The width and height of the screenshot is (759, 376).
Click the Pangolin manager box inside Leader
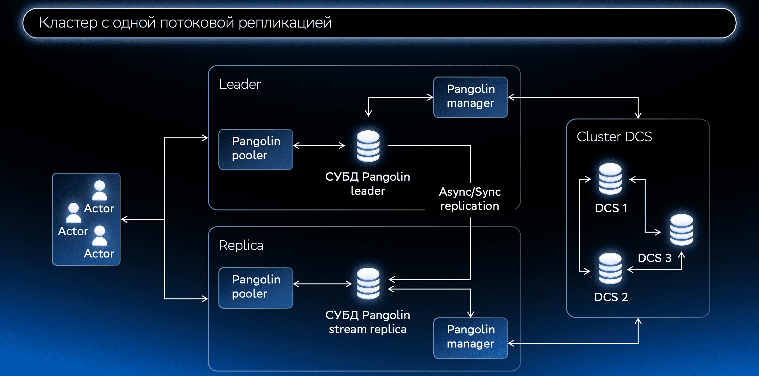point(470,97)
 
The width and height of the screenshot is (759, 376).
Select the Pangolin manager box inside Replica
point(470,338)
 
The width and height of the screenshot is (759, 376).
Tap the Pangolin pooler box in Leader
point(256,149)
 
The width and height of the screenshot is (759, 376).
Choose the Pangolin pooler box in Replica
point(256,288)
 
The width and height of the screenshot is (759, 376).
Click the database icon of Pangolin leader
point(368,146)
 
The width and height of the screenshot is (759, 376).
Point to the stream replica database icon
point(368,283)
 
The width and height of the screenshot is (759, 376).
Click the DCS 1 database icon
point(610,179)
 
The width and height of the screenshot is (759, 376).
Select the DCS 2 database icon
point(610,268)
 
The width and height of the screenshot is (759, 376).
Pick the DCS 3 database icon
point(681,230)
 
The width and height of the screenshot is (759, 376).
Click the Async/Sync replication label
point(470,199)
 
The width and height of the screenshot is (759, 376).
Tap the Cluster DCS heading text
point(614,137)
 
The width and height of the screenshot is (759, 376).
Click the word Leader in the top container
point(240,84)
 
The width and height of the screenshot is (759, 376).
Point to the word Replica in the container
point(241,245)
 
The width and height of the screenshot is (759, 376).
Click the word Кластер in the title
point(68,23)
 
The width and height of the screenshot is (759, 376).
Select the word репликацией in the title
point(285,23)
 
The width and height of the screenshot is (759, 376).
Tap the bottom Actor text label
point(99,254)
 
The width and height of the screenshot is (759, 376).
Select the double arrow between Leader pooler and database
point(319,146)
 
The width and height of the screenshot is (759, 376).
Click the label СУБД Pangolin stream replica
point(368,322)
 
